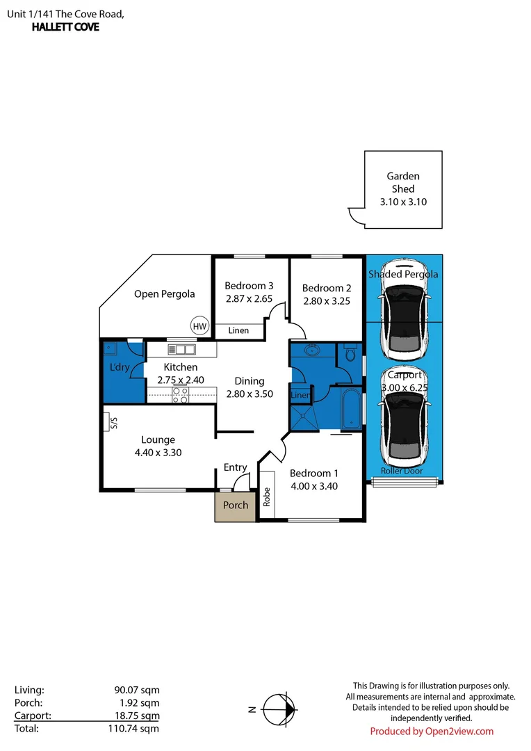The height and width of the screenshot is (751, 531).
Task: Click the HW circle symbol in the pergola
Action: pos(199,326)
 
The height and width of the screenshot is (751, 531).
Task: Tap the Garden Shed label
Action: pos(403,182)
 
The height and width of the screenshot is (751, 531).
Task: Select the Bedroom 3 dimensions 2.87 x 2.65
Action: pos(249,299)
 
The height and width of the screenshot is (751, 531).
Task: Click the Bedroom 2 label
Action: pos(327,288)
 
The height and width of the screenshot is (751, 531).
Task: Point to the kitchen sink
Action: pos(181,349)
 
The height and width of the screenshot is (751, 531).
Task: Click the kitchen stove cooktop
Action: pos(180,395)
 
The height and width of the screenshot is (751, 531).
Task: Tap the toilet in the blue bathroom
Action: pos(350,353)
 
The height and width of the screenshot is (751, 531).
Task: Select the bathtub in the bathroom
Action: pos(352,408)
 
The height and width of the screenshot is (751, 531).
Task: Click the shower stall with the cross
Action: pos(304,419)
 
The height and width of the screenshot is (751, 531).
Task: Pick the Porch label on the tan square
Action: pos(236,505)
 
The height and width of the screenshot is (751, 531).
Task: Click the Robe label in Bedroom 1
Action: pos(267,496)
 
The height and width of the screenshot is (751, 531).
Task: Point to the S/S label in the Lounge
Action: pos(113,423)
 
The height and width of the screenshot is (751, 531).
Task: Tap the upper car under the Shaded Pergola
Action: pos(403,310)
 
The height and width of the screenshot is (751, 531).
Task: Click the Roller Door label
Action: pos(402,471)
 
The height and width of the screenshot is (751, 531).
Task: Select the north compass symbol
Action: pos(280,709)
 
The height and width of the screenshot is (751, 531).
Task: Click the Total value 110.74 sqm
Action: pos(133,729)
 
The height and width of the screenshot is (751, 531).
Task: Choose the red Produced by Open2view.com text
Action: pos(432,732)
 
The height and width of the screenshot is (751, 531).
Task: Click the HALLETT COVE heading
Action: pos(65,27)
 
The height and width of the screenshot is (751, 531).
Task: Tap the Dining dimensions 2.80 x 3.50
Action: pos(250,394)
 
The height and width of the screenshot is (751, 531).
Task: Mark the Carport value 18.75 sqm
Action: pos(137,716)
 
